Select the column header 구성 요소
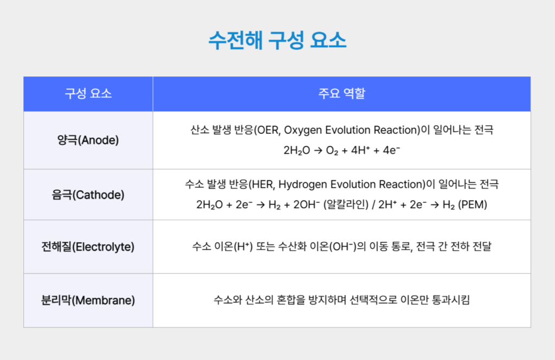[88, 93]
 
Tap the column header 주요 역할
[341, 93]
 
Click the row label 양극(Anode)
[88, 140]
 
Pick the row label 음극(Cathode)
[88, 194]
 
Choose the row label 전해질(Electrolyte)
[88, 247]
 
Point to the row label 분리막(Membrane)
[88, 300]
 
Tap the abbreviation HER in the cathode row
[262, 184]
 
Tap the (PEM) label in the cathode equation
[473, 205]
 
